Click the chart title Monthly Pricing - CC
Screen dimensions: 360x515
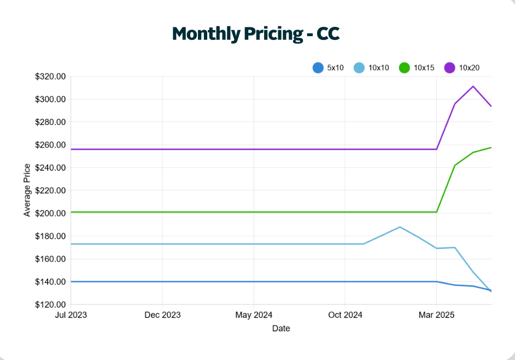click(256, 34)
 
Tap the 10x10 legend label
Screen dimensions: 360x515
click(379, 68)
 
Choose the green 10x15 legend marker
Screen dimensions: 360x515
click(405, 68)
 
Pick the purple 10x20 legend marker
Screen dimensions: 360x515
click(449, 68)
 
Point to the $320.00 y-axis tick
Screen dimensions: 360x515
click(50, 77)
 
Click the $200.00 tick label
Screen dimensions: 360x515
click(50, 213)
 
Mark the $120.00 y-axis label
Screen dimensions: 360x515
click(50, 305)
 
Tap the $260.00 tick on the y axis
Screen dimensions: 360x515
click(50, 145)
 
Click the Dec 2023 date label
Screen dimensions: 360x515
click(162, 315)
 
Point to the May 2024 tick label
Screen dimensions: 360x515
click(254, 315)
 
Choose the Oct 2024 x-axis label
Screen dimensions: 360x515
click(345, 315)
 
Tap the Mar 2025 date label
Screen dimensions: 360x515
click(436, 315)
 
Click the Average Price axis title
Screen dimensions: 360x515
click(27, 190)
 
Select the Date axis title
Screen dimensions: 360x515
click(281, 329)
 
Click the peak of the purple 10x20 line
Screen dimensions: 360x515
click(473, 86)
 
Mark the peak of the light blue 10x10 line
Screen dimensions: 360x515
click(400, 227)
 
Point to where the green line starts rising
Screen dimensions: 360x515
click(436, 212)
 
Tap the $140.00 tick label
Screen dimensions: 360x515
click(50, 282)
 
